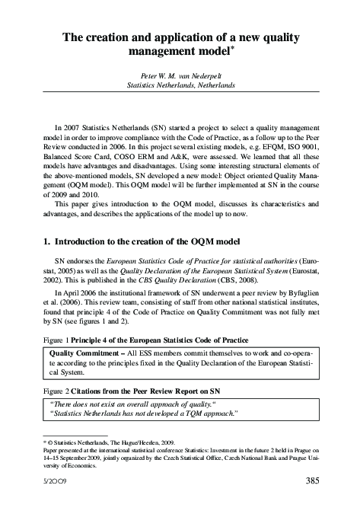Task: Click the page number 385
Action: click(x=311, y=482)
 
